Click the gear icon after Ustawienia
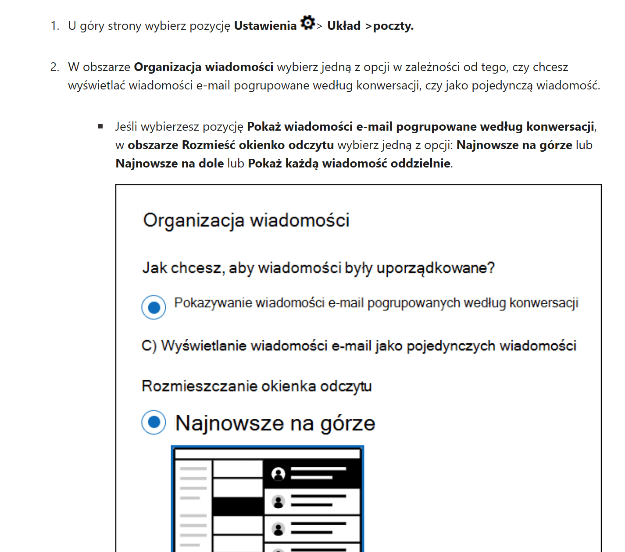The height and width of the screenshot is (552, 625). (308, 23)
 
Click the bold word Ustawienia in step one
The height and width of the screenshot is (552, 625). (265, 26)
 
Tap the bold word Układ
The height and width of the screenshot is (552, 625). (344, 26)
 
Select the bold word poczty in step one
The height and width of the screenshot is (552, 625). (393, 26)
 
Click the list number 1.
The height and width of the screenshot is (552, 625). (54, 26)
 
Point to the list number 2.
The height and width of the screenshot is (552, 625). (54, 67)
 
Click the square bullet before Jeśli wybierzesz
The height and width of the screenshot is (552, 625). (100, 127)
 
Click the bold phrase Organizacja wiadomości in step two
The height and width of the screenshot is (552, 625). (204, 67)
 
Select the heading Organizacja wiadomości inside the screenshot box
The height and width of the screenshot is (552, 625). (246, 220)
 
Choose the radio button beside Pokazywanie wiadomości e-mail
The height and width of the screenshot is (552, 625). (154, 307)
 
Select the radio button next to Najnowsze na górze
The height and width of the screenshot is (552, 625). (154, 422)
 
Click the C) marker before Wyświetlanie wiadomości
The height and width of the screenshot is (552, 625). (149, 346)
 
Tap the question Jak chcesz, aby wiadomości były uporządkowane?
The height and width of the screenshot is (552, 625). (318, 267)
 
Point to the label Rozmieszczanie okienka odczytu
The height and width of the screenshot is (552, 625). (257, 386)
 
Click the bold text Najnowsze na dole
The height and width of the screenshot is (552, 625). (170, 164)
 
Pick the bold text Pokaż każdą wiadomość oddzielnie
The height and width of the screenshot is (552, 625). (349, 164)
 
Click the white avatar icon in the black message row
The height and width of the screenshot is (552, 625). (278, 474)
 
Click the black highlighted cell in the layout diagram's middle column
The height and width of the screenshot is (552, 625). (237, 506)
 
